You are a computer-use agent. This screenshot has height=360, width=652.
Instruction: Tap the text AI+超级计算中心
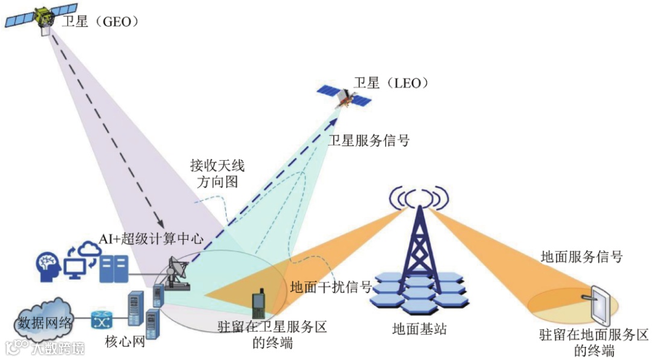click(152, 239)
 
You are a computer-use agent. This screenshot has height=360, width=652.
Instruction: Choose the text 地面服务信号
click(582, 257)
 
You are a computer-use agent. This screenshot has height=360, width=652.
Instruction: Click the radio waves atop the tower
click(420, 196)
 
